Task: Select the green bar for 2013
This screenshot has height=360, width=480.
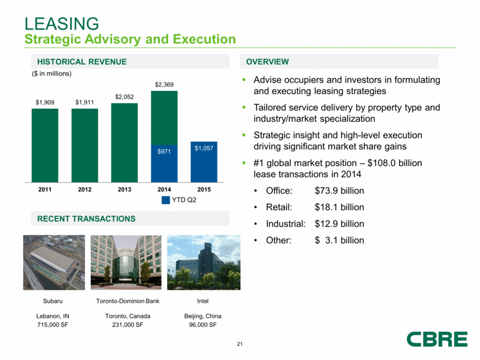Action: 124,142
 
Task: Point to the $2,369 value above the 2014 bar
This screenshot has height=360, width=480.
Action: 164,85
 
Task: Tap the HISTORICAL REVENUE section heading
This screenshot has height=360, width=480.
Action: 82,62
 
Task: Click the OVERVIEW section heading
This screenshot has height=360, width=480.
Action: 267,62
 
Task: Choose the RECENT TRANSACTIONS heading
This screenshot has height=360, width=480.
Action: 87,219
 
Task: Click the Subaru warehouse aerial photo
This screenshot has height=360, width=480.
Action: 54,262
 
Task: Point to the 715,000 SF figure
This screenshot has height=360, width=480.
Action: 54,325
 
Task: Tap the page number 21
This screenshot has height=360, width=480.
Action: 239,345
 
